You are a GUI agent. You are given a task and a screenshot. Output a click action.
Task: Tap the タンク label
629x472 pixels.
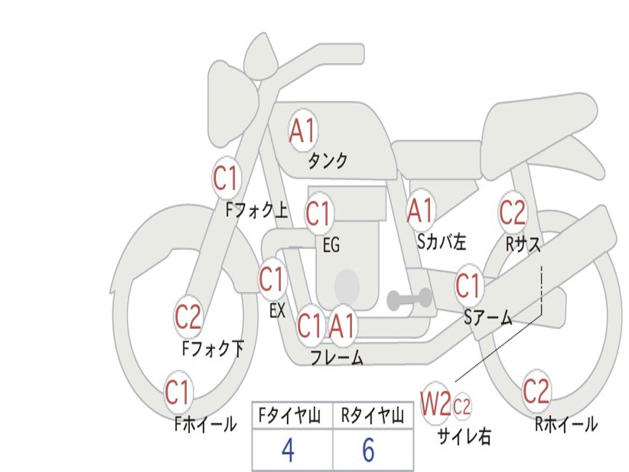click(327, 161)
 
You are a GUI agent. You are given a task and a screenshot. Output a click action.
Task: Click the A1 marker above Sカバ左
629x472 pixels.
click(421, 210)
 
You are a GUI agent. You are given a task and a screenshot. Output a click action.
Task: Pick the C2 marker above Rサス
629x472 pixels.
click(512, 213)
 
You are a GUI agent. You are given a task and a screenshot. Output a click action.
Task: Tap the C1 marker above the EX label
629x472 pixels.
click(271, 280)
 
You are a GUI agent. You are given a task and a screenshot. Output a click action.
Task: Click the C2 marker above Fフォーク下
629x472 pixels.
click(188, 317)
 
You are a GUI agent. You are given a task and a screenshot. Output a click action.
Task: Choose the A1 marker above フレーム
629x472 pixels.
click(342, 326)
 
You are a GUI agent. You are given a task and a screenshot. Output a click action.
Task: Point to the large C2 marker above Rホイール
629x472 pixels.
click(536, 391)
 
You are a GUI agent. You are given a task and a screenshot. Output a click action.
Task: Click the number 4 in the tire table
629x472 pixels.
click(287, 450)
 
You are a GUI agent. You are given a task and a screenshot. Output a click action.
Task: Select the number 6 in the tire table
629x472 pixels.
click(368, 450)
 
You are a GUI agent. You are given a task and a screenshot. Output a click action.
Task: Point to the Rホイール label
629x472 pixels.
click(565, 424)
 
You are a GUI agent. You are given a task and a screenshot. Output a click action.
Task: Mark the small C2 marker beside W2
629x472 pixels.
click(462, 406)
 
